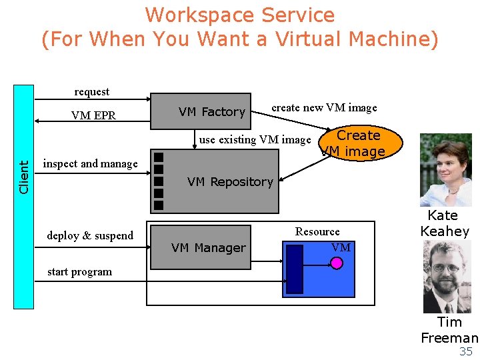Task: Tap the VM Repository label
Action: [x=230, y=182]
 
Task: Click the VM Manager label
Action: [x=208, y=248]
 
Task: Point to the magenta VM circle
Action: [x=337, y=263]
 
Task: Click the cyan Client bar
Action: [x=24, y=197]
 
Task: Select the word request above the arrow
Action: [x=92, y=92]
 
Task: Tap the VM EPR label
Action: [x=93, y=115]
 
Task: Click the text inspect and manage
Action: [x=90, y=164]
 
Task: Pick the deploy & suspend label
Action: [x=90, y=236]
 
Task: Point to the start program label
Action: [x=80, y=272]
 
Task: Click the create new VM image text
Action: [x=324, y=108]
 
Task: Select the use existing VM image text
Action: [x=255, y=140]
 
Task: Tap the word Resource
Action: [x=317, y=232]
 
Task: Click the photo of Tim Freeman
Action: [x=447, y=277]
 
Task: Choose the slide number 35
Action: [x=466, y=352]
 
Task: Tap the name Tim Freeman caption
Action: [x=449, y=330]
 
